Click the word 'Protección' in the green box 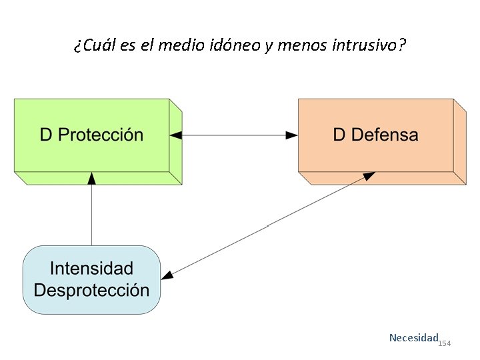click(101, 135)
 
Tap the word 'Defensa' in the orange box click(385, 135)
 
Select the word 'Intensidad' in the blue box click(91, 269)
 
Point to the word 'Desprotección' click(91, 291)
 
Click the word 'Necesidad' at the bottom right click(413, 338)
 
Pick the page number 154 click(445, 343)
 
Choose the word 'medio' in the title click(155, 46)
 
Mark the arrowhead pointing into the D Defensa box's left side click(292, 135)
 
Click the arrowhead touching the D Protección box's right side click(175, 135)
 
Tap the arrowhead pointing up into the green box click(92, 177)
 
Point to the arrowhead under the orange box click(369, 175)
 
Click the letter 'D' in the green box click(46, 135)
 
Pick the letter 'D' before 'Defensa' click(339, 135)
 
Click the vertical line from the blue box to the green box click(92, 213)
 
